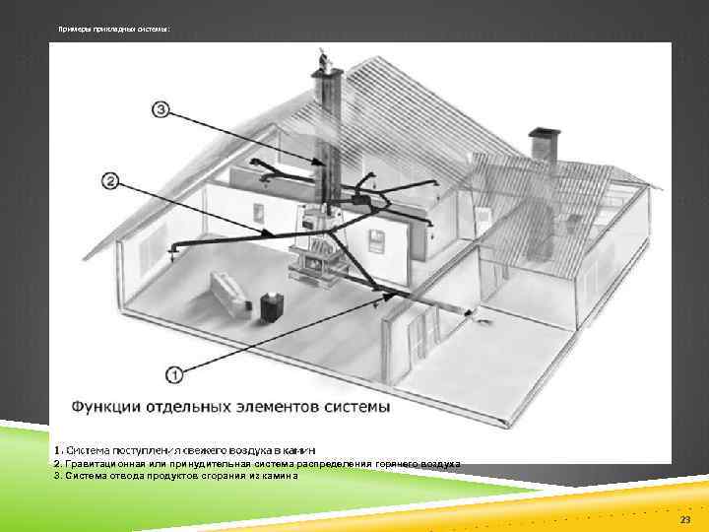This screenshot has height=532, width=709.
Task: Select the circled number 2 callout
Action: coord(110,180)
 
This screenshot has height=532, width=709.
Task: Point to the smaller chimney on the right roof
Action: coord(541,145)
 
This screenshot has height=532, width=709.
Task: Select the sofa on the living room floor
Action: coord(227,294)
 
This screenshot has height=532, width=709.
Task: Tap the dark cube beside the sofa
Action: coord(269,303)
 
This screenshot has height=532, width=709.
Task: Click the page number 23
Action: coord(684,518)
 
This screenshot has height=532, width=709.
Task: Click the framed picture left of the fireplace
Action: coord(258,211)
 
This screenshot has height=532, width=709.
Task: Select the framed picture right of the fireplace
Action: coord(377,236)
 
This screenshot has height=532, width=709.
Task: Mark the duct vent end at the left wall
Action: coord(174,250)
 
